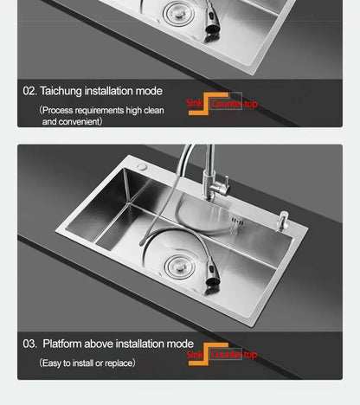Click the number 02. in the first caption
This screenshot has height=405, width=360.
click(x=29, y=91)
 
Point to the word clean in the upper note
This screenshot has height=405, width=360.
click(x=151, y=111)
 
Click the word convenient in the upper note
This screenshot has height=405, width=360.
click(x=82, y=122)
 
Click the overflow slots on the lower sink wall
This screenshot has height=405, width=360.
click(x=238, y=222)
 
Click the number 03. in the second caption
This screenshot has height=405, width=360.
click(x=30, y=344)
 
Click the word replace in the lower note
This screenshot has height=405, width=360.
click(x=116, y=363)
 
